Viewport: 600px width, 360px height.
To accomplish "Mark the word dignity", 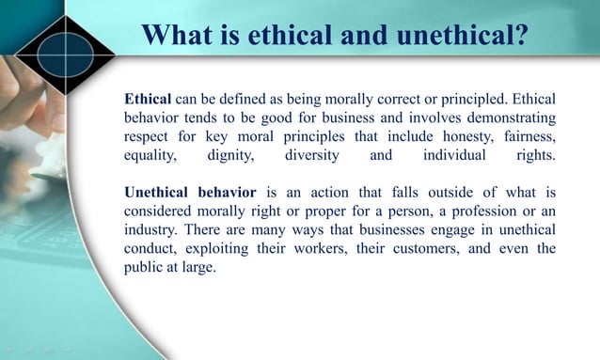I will coord(232,156).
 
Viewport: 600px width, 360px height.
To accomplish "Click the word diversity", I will coord(315,156).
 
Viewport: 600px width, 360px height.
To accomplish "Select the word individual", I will coord(455,156).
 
